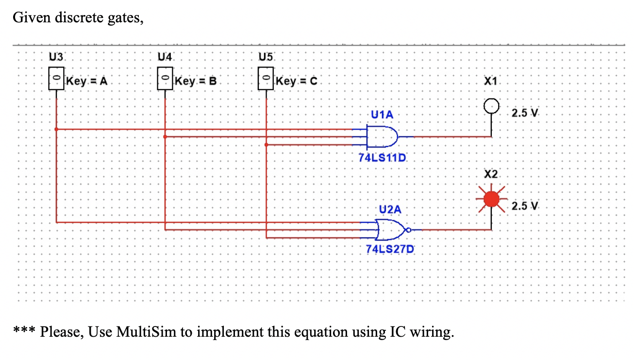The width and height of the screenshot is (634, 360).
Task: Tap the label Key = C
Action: pos(296,81)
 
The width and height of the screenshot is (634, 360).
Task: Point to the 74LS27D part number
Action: pos(390,249)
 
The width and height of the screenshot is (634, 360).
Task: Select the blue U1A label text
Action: pos(382,115)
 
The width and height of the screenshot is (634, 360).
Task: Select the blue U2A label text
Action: pos(390,210)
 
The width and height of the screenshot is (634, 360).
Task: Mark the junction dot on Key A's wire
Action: pos(57,129)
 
